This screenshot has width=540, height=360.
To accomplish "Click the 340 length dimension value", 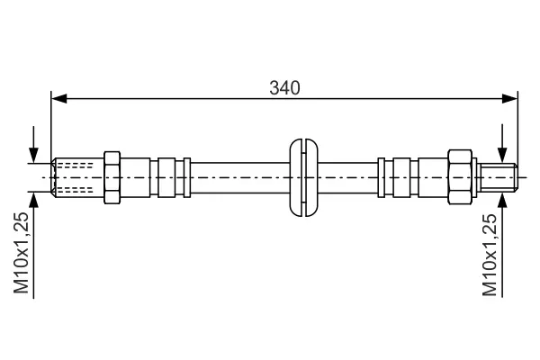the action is [x=284, y=88].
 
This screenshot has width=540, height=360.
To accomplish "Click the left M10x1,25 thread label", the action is [x=21, y=253].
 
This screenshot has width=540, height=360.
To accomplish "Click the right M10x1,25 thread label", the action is [x=490, y=255].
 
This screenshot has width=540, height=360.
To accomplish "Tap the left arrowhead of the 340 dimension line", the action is [x=58, y=98].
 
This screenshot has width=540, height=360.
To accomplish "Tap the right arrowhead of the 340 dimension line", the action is [x=509, y=98].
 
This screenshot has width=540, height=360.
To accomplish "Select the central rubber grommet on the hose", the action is [x=304, y=177].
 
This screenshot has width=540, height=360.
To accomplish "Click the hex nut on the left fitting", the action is [x=112, y=177].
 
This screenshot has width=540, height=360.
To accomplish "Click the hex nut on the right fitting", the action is [x=460, y=177].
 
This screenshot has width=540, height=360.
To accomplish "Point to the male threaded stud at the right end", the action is [x=499, y=177].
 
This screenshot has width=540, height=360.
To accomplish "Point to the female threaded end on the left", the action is [x=77, y=177].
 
